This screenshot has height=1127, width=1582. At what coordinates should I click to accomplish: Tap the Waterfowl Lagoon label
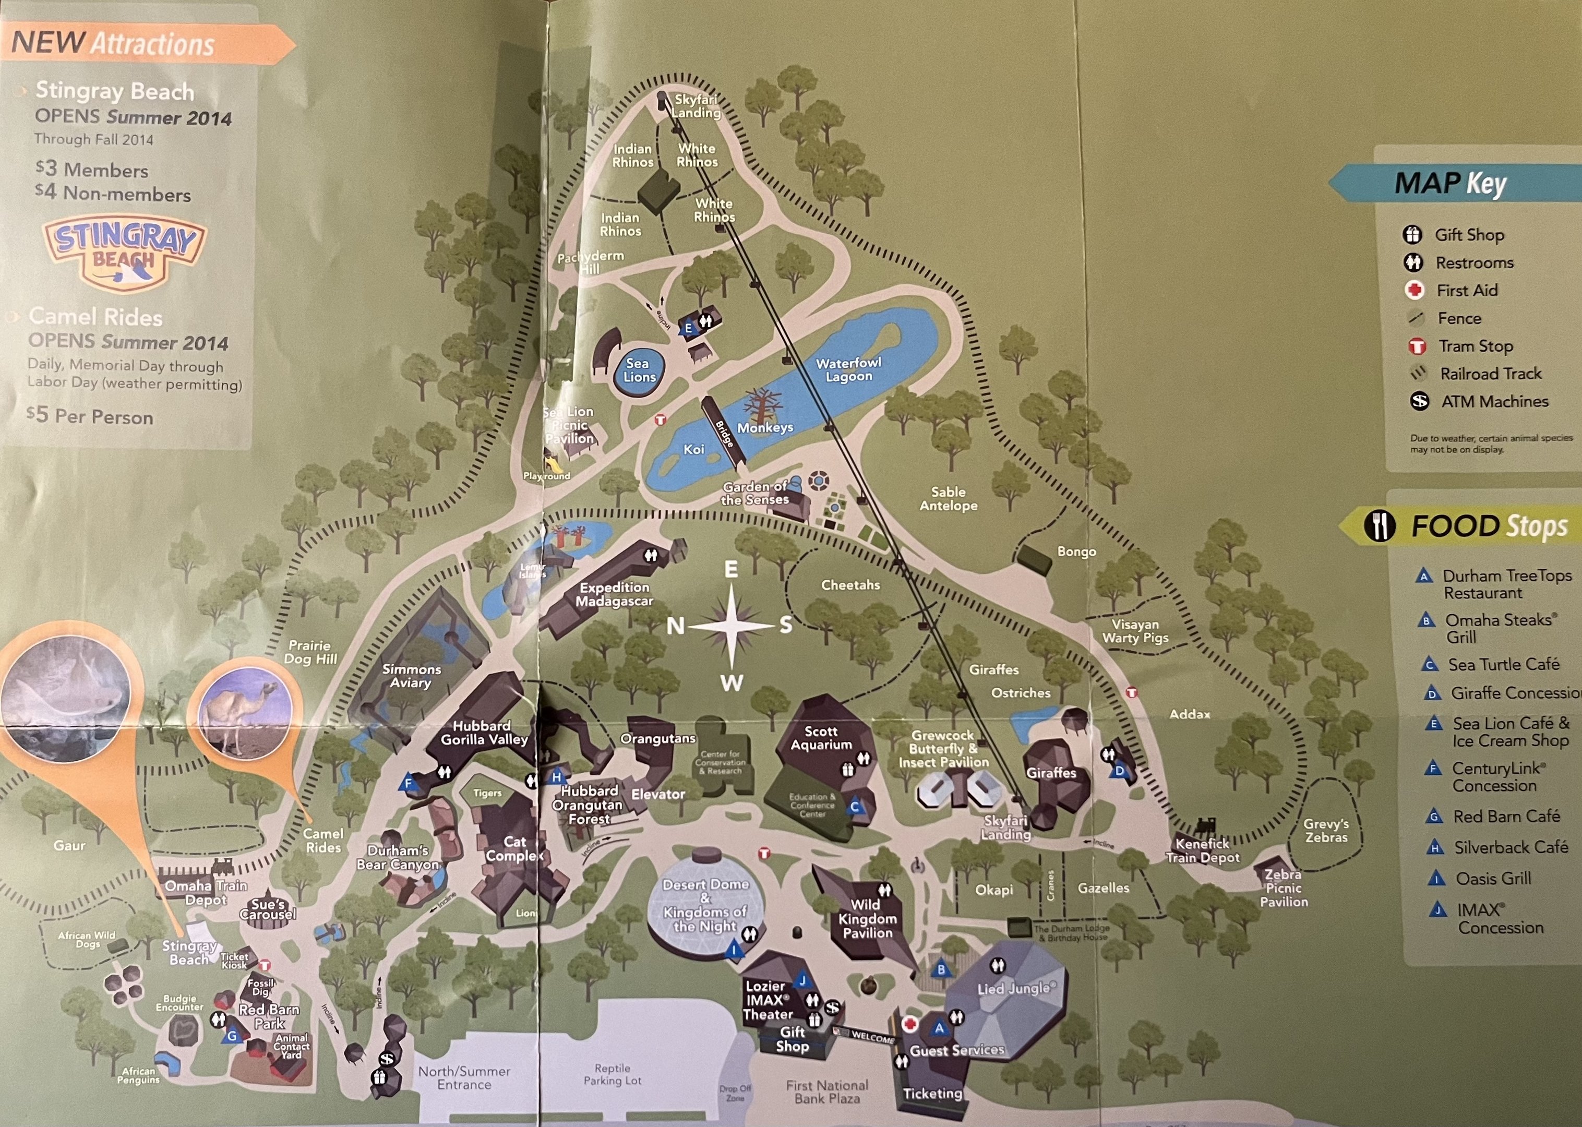click(x=848, y=370)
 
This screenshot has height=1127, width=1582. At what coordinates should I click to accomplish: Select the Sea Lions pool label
click(x=638, y=370)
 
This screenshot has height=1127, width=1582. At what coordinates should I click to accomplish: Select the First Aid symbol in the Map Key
click(x=1414, y=290)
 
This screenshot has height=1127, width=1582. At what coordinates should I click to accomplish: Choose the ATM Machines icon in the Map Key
click(x=1420, y=401)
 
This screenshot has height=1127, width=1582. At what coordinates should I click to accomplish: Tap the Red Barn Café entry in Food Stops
click(x=1506, y=816)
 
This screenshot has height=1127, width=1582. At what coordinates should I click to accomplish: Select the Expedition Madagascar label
click(x=614, y=594)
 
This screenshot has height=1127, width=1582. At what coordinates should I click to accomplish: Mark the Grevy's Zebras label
click(x=1326, y=830)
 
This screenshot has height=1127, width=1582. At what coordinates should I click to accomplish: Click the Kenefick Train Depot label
click(x=1203, y=850)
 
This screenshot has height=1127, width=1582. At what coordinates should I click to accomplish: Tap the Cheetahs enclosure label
click(x=850, y=585)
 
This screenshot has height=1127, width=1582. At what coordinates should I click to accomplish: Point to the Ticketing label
click(x=932, y=1094)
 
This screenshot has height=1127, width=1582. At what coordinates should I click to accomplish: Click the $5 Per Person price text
click(x=90, y=416)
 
